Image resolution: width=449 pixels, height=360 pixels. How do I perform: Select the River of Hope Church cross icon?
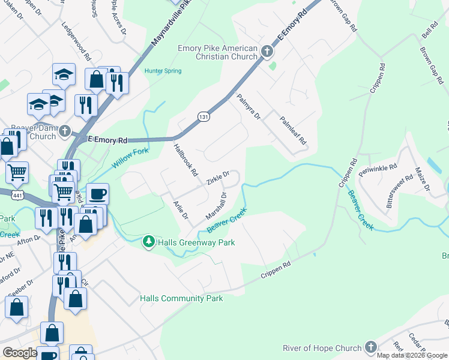coord(371,347)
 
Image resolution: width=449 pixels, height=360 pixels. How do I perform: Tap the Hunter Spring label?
coord(163,70)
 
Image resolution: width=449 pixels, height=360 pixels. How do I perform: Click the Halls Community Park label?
coord(181,298)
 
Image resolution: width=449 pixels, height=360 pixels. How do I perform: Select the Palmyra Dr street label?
coord(248,106)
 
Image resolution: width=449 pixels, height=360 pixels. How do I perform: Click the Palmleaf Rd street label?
coord(294,132)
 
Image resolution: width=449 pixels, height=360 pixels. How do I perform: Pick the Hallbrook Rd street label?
coord(185,159)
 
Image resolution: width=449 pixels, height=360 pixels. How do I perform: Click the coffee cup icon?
coord(98,194)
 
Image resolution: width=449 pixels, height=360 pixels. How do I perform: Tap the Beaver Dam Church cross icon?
coord(64,131)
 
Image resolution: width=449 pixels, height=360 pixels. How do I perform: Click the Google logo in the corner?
coord(19,353)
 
